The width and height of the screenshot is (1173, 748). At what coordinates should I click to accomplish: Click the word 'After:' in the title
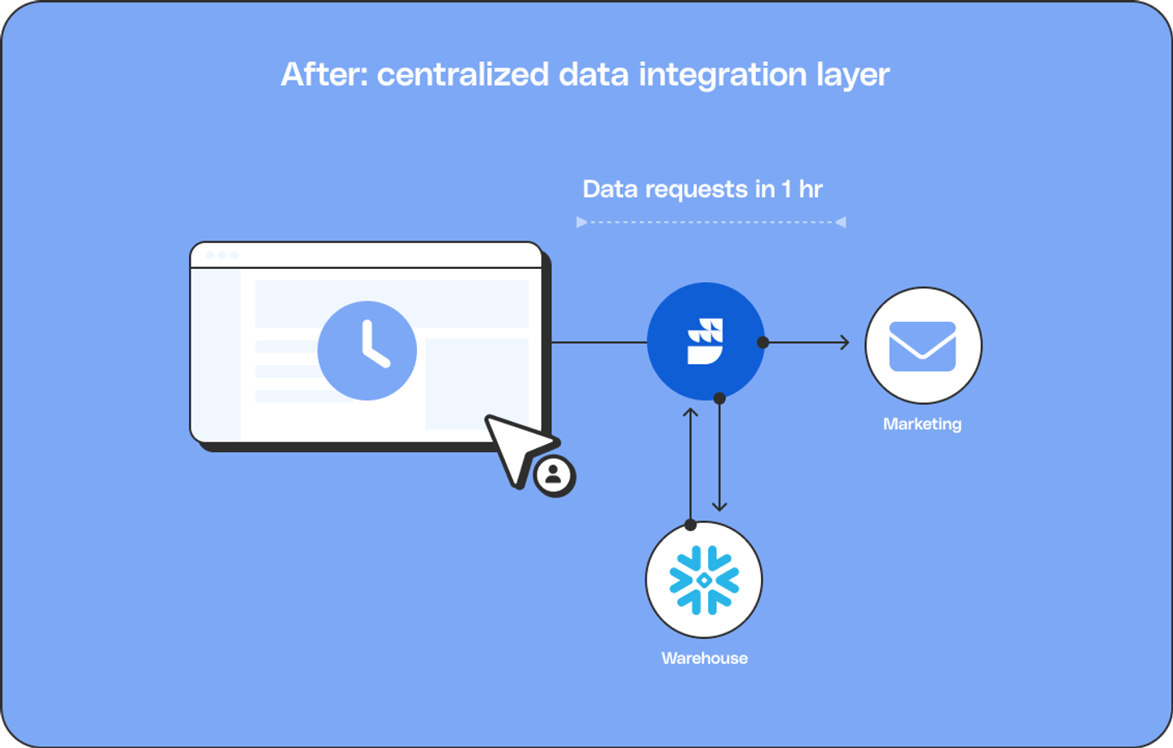coord(324,74)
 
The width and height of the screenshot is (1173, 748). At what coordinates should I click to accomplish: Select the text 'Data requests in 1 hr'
coord(702,189)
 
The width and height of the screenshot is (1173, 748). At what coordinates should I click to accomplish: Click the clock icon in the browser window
coord(367,350)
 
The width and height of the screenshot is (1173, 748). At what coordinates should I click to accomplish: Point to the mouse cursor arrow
coord(516,445)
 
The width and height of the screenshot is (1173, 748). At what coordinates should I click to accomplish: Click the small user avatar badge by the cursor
coord(555,475)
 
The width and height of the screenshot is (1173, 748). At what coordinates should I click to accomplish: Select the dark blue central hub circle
coord(705,341)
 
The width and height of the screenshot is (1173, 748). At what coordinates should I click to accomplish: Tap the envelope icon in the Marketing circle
coord(923,346)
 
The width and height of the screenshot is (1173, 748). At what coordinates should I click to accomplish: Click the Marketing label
coord(922,424)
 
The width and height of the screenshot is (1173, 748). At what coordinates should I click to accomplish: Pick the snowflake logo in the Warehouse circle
coord(705,579)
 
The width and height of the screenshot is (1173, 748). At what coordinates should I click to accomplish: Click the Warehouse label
coord(705,658)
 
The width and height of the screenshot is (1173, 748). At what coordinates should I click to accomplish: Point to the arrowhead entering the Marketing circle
coord(845,342)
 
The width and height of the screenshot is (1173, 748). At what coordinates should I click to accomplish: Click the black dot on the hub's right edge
coord(762,342)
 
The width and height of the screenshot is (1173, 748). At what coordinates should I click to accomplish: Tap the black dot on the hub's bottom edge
coord(719,398)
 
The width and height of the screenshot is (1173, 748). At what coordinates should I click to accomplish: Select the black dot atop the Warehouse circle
coord(691,524)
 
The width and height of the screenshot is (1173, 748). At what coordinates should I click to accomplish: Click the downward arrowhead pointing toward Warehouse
coord(719,506)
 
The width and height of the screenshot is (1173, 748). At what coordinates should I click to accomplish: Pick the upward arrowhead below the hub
coord(691,412)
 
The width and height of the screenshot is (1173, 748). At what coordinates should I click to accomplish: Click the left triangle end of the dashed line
coord(582,222)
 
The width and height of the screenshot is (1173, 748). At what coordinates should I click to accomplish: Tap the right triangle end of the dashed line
coord(841,222)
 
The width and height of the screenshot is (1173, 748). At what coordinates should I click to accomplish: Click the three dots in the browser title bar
coord(222,256)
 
